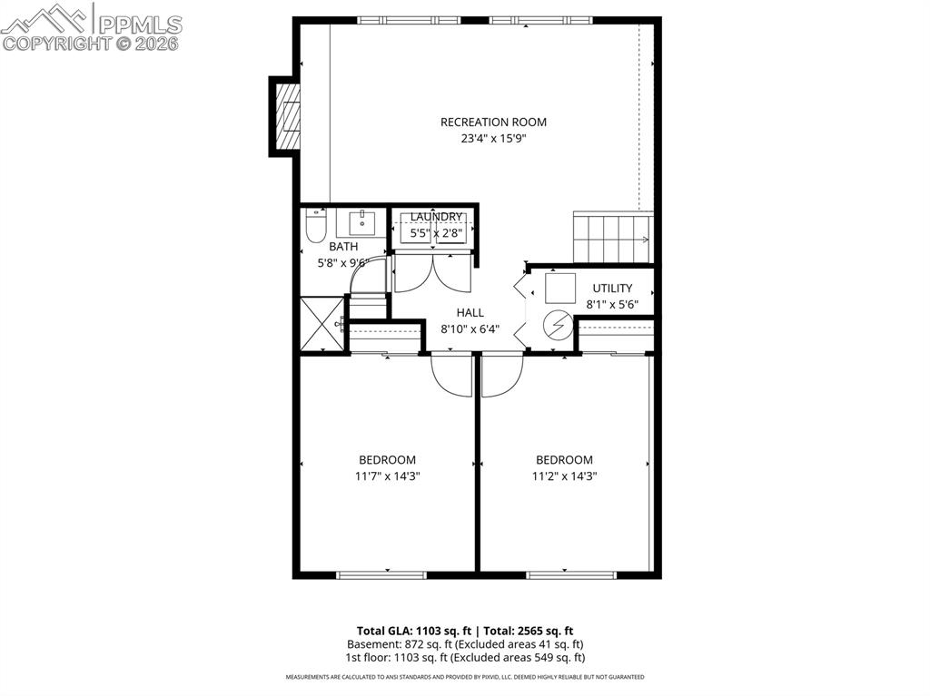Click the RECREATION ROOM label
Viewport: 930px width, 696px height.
click(493, 123)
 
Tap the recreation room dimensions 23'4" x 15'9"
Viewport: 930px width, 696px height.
click(493, 139)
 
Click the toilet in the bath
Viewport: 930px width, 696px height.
click(315, 227)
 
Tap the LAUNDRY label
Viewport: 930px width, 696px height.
click(436, 217)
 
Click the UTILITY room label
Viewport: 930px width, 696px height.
click(612, 289)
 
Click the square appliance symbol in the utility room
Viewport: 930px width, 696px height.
click(559, 289)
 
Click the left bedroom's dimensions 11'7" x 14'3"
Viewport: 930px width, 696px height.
click(387, 475)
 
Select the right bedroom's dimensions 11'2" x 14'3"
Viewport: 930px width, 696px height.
click(564, 475)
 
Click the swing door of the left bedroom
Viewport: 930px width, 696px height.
click(451, 376)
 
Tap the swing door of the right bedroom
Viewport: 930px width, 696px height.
click(502, 376)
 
